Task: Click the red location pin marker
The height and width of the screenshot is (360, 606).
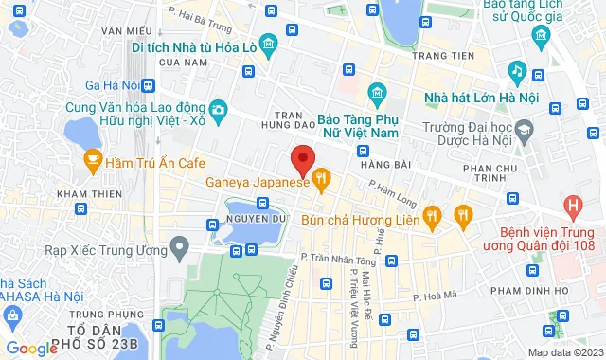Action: click(302, 158)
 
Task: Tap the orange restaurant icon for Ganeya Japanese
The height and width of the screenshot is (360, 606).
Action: click(321, 177)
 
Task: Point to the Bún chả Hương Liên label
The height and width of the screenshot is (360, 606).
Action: click(360, 219)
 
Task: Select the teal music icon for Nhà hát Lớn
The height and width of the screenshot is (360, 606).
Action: click(517, 71)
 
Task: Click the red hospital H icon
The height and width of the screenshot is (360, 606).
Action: click(572, 204)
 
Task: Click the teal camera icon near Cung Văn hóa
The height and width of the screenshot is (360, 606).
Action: click(219, 109)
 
